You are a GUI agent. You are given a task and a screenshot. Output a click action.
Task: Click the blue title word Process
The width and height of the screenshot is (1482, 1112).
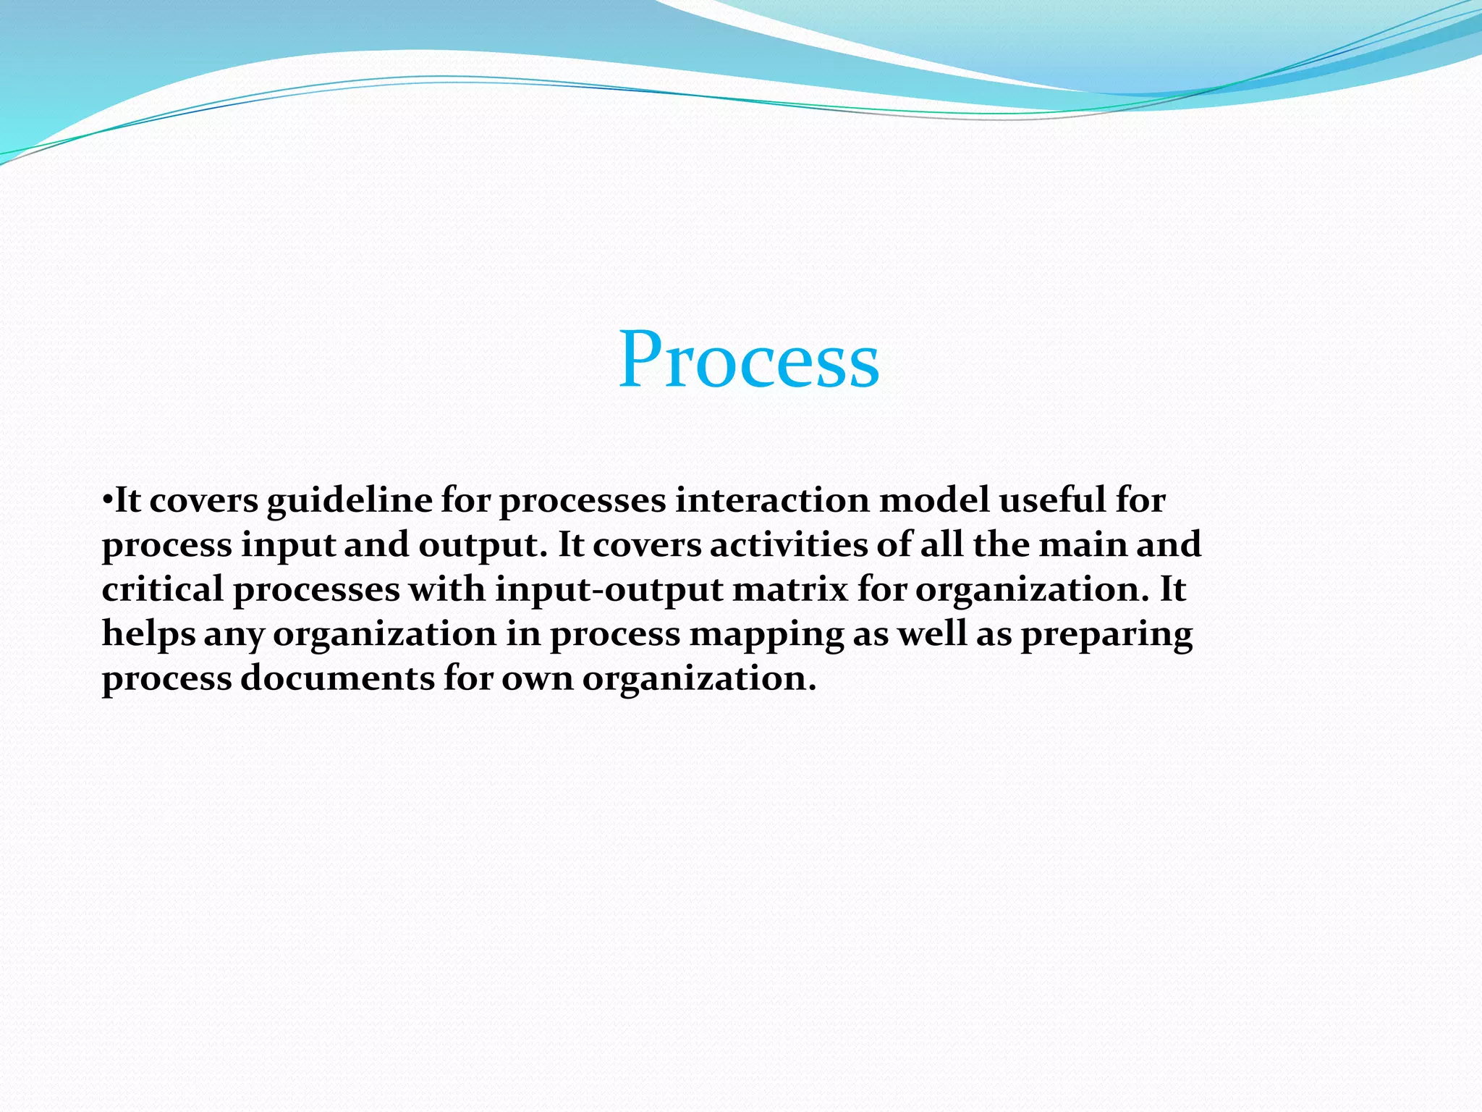click(749, 360)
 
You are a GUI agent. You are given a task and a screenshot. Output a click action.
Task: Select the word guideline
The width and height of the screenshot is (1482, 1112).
click(350, 501)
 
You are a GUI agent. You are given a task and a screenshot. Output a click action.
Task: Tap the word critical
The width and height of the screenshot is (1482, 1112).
click(162, 589)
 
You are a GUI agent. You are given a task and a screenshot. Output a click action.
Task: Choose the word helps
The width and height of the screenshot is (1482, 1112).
click(148, 634)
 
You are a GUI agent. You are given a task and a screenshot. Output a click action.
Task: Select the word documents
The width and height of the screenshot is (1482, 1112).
click(337, 678)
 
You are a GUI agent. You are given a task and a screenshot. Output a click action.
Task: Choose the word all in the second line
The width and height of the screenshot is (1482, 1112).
click(941, 544)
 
